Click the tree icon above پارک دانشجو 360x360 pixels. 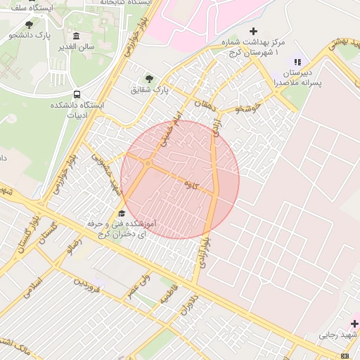coord(29,25)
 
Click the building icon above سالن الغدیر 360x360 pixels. coord(76,36)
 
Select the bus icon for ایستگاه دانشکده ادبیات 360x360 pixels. coord(76,94)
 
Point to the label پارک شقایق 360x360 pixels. coord(150,89)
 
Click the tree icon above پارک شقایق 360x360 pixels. coord(149,78)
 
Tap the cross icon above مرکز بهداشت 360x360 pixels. coord(254,31)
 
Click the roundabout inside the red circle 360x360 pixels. coord(148,164)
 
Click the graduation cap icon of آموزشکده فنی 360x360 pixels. coord(122,213)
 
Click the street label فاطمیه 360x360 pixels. coord(169,294)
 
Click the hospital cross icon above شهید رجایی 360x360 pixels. coord(354,323)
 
